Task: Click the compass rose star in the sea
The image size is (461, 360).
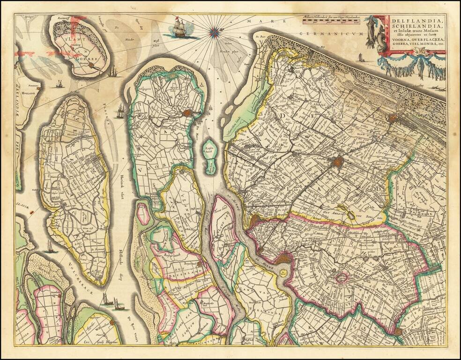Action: click(x=215, y=32)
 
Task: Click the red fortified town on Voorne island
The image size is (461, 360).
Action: click(x=188, y=113)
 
